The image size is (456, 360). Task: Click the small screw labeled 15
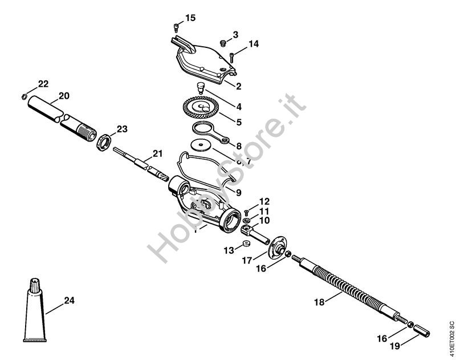(176, 26)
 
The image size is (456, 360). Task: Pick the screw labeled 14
(233, 56)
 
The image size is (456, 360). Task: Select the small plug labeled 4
(201, 88)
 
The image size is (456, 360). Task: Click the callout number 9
(238, 192)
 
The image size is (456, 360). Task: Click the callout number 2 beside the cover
(238, 87)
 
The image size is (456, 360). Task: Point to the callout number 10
(264, 220)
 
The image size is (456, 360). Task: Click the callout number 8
(238, 146)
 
